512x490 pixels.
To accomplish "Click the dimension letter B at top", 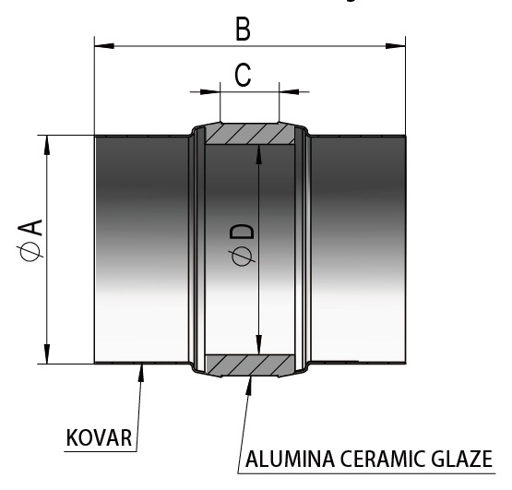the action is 244,30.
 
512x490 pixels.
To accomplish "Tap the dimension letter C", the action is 243,75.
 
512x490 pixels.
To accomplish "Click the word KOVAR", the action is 99,437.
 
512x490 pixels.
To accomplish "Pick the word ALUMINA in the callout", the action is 291,459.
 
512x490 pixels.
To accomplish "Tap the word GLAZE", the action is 461,459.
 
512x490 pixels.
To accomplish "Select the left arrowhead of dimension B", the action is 104,46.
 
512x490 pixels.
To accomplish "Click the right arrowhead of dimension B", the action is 396,46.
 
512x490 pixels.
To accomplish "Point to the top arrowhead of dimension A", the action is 47,145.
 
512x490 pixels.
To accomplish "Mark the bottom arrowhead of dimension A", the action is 47,353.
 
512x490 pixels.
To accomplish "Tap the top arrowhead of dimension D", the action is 259,154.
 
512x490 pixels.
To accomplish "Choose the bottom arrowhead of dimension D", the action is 259,345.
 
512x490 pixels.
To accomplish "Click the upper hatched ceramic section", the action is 250,134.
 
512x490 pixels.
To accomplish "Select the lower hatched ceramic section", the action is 250,365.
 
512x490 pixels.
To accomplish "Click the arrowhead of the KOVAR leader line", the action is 141,374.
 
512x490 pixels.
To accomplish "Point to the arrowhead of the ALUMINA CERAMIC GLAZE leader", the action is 249,387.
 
